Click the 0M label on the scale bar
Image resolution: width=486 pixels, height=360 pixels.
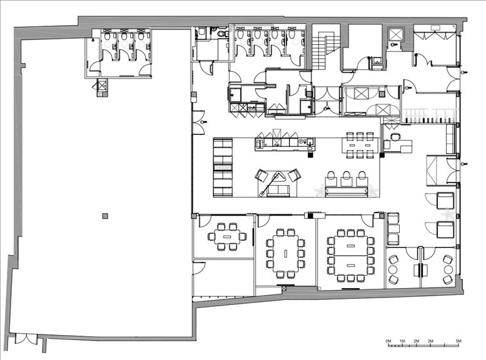pyautogui.click(x=388, y=341)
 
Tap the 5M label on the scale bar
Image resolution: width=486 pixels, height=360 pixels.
pyautogui.click(x=458, y=341)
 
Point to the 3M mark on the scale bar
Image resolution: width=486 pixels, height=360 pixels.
pyautogui.click(x=430, y=341)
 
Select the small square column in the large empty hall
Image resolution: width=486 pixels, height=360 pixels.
pyautogui.click(x=105, y=216)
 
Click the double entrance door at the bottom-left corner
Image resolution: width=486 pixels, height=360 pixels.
pyautogui.click(x=26, y=339)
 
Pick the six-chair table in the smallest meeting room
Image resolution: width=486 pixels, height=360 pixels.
pyautogui.click(x=227, y=237)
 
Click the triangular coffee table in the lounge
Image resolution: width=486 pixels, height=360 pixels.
pyautogui.click(x=281, y=177)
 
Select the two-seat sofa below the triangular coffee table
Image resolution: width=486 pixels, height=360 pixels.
pyautogui.click(x=278, y=191)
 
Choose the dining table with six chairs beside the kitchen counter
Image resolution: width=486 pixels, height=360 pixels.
pyautogui.click(x=360, y=145)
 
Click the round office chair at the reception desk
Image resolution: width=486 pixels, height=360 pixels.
pyautogui.click(x=395, y=137)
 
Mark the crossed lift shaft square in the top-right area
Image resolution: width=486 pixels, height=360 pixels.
pyautogui.click(x=396, y=34)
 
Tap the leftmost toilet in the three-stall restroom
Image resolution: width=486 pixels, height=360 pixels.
pyautogui.click(x=107, y=37)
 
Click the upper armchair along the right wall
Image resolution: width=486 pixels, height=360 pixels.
pyautogui.click(x=445, y=200)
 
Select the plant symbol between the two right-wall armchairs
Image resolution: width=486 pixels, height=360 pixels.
pyautogui.click(x=448, y=214)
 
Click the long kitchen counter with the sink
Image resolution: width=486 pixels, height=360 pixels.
pyautogui.click(x=285, y=144)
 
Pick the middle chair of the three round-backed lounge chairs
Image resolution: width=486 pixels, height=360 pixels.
pyautogui.click(x=346, y=179)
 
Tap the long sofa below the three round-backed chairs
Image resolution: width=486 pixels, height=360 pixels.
pyautogui.click(x=346, y=191)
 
